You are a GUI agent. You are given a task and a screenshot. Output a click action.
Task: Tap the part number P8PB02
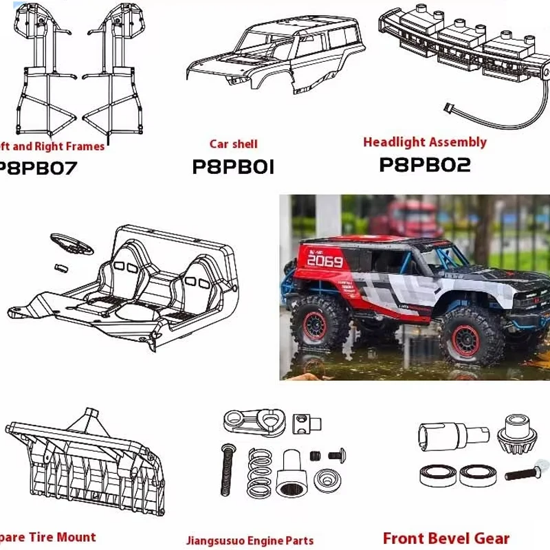(x=424, y=166)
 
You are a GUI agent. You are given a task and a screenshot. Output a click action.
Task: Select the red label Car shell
(x=234, y=144)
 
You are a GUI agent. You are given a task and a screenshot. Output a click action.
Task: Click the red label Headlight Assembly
(x=424, y=142)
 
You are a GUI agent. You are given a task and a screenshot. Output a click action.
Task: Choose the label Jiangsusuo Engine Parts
(x=250, y=540)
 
